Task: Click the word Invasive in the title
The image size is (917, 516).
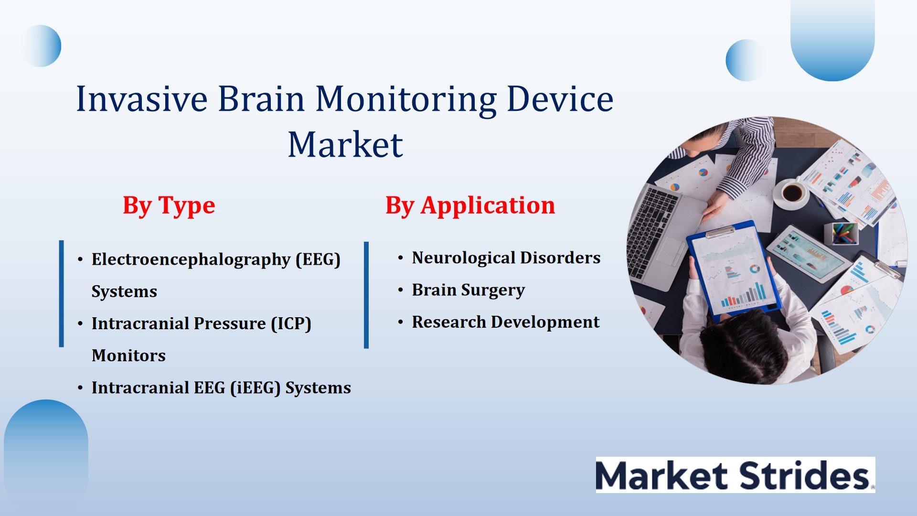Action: click(x=142, y=99)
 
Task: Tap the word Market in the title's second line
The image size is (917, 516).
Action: click(x=345, y=145)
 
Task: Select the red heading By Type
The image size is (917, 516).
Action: click(x=169, y=205)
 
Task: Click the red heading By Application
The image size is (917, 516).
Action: click(x=470, y=205)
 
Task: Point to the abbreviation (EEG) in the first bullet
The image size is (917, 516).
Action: click(x=318, y=259)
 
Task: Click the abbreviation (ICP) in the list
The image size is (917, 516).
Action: click(x=291, y=323)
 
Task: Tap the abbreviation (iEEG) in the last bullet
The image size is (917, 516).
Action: click(x=255, y=387)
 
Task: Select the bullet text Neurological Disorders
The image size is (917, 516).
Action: click(x=506, y=258)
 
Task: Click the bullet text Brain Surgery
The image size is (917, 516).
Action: click(x=468, y=290)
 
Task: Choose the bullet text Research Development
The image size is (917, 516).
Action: click(x=505, y=322)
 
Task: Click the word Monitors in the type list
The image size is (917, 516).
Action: click(x=128, y=355)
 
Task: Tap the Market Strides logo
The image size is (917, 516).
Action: click(x=735, y=475)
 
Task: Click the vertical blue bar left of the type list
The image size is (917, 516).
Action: click(x=61, y=294)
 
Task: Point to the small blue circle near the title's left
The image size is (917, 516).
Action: click(x=41, y=46)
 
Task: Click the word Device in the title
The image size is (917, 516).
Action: click(x=560, y=99)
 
